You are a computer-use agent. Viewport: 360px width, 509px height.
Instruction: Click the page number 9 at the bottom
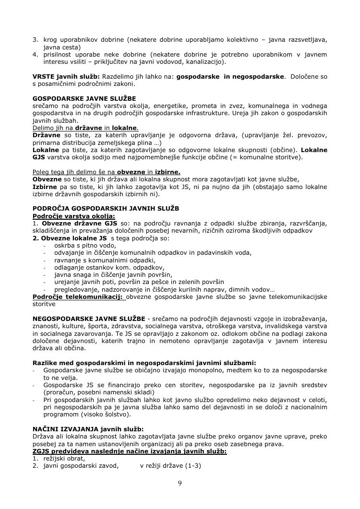click(180, 483)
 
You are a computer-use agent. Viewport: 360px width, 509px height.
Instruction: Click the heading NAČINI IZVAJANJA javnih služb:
click(88, 429)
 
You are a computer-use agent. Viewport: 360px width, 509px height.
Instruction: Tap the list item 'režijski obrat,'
click(64, 458)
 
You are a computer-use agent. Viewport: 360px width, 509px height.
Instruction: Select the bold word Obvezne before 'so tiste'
click(48, 179)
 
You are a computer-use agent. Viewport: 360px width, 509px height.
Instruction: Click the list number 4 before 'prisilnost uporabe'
click(35, 54)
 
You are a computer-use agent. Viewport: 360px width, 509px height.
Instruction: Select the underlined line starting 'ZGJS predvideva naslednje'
click(130, 451)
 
